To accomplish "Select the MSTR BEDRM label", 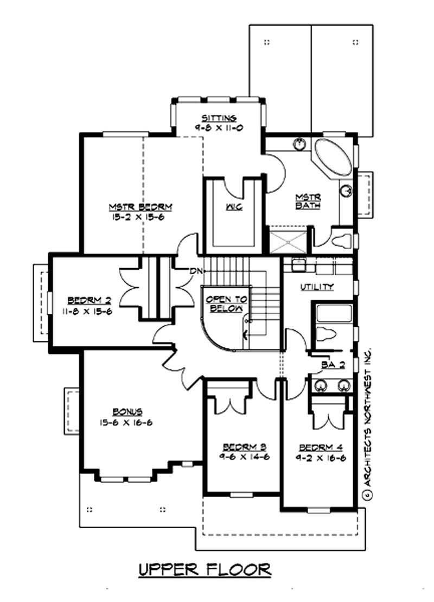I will pos(141,207).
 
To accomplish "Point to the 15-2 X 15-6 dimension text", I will pos(141,216).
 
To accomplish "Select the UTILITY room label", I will pos(317,287).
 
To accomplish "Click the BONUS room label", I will pos(124,412).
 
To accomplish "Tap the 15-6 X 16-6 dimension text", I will pos(124,422).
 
